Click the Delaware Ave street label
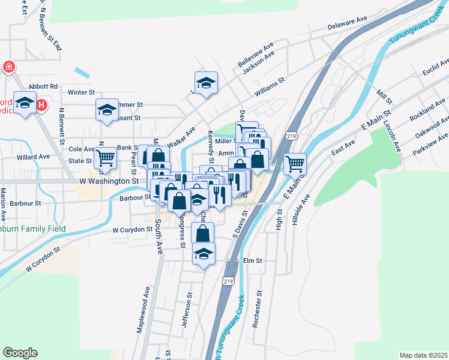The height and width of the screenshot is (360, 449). pyautogui.click(x=348, y=23)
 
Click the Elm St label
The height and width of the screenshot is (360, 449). pyautogui.click(x=253, y=261)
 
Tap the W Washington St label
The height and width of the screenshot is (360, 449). pyautogui.click(x=109, y=181)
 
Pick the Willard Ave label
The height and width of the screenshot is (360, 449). pyautogui.click(x=33, y=157)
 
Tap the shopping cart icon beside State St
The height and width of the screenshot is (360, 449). pyautogui.click(x=106, y=158)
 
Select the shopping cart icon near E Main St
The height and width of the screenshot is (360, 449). pyautogui.click(x=295, y=163)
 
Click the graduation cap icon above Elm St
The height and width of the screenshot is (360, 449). pyautogui.click(x=204, y=254)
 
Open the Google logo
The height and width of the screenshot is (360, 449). pyautogui.click(x=20, y=353)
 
